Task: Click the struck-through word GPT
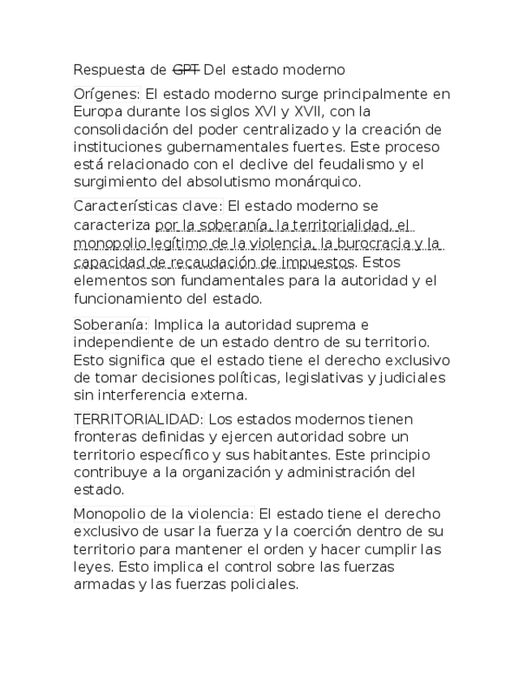pyautogui.click(x=186, y=70)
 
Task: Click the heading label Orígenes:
pyautogui.click(x=107, y=94)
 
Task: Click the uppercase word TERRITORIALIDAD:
pyautogui.click(x=140, y=420)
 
